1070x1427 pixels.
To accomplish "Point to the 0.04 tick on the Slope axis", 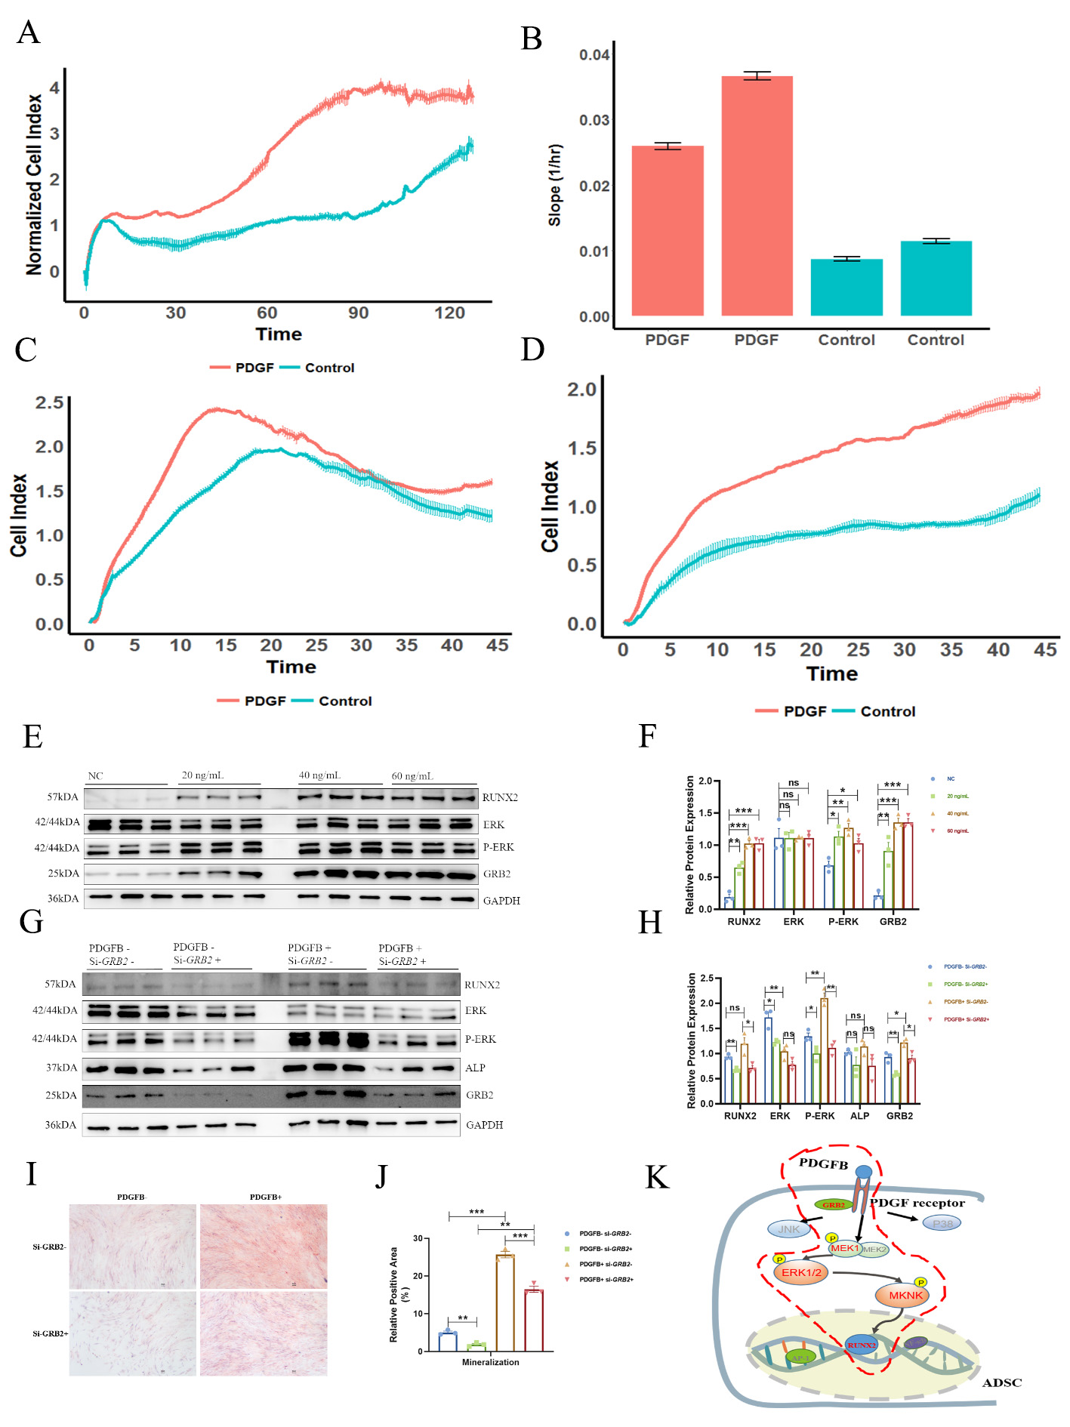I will pos(594,55).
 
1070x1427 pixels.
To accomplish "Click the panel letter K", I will pos(657,1177).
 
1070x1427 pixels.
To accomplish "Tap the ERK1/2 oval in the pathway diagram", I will pos(801,1272).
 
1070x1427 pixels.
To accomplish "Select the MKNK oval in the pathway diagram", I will pos(905,1295).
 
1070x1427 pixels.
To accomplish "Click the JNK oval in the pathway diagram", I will pos(788,1229).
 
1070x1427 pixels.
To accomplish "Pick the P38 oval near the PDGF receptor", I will pos(942,1223).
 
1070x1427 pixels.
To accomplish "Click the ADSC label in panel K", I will pos(1001,1382).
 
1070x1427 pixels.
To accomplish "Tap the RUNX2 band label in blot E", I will pos(500,797).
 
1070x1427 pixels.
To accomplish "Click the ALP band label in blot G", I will pos(475,1068).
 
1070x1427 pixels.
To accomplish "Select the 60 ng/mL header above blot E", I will pos(412,776).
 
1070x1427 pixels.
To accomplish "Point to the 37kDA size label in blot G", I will pos(60,1068).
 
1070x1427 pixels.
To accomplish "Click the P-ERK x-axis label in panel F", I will pos(843,921).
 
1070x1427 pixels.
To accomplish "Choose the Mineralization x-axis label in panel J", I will pos(490,1362).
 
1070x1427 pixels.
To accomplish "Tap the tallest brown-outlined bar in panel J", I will pos(504,1302).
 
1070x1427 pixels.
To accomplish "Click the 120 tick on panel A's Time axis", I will pos(449,313).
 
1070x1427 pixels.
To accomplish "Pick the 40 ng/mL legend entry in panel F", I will pos(957,813).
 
